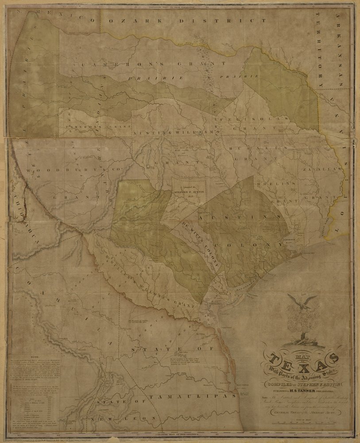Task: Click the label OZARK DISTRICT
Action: [x=177, y=21]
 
